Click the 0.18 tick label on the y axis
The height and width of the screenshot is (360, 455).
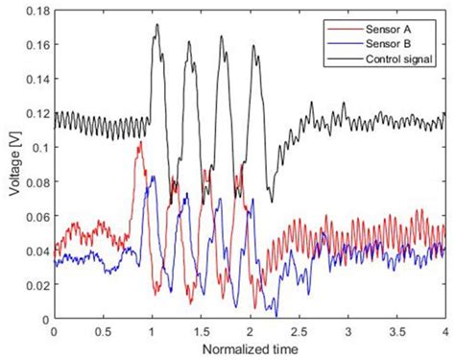(35, 12)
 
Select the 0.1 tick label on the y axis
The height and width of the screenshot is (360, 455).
(37, 149)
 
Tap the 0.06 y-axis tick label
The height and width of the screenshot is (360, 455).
(35, 217)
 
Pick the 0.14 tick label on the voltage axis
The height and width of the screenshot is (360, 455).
(35, 81)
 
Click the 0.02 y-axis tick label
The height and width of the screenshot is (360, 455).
(35, 285)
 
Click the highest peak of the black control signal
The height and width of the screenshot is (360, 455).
(156, 25)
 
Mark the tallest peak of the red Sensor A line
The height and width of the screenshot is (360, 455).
(141, 142)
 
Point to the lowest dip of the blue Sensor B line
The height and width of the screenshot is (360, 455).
(275, 314)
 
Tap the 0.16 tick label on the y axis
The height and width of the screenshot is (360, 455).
(35, 47)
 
